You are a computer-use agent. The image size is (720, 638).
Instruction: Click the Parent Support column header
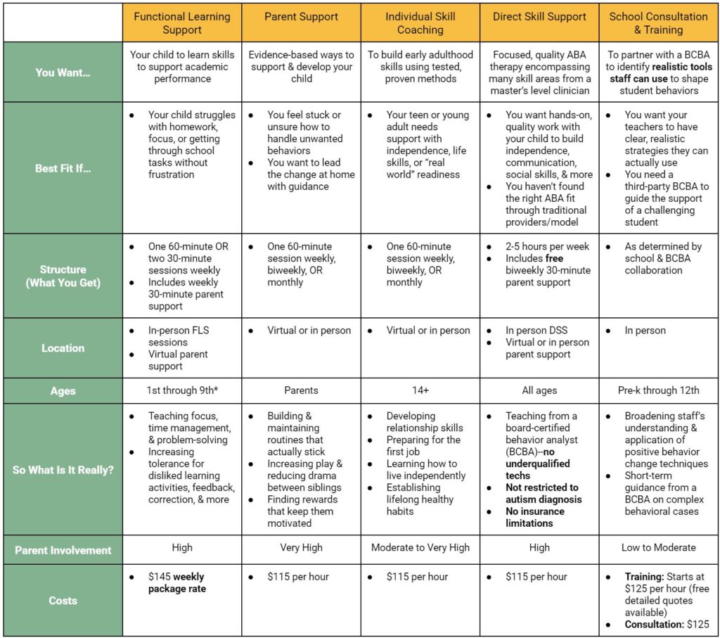[301, 16]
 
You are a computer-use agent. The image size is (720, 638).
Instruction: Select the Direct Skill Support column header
[539, 16]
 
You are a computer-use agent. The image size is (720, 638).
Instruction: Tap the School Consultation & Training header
[658, 23]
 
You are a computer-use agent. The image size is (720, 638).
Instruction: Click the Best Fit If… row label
[63, 169]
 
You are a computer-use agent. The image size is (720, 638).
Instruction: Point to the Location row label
[63, 348]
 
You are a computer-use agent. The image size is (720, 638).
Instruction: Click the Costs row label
[63, 601]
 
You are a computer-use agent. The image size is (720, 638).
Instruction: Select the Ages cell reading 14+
[420, 390]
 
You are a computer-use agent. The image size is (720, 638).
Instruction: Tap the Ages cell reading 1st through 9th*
[181, 390]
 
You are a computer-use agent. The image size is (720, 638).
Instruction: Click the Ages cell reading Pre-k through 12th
[659, 390]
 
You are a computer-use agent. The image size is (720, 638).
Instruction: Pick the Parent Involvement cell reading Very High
[301, 547]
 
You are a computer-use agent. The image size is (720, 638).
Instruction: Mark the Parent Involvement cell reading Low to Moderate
[659, 547]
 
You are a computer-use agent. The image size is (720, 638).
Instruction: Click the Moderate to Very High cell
[420, 547]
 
